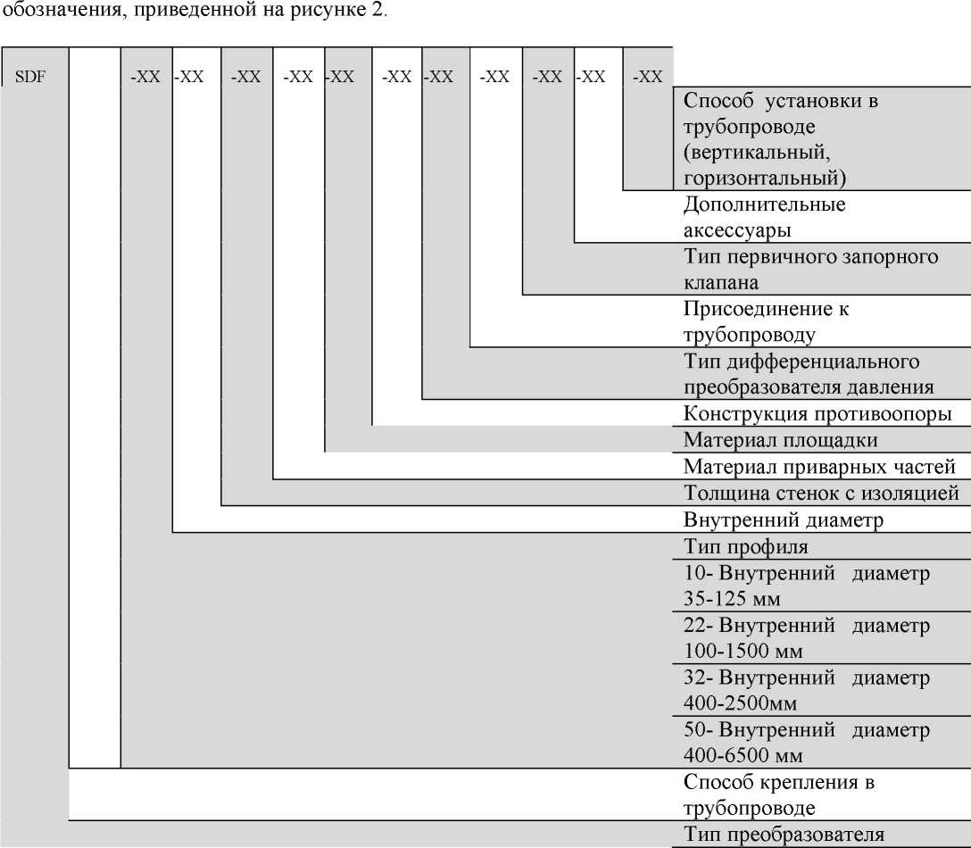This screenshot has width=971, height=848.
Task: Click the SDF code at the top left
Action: (x=30, y=77)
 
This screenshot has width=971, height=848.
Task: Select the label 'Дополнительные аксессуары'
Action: (x=764, y=218)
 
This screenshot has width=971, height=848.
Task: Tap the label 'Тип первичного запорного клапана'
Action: (x=810, y=270)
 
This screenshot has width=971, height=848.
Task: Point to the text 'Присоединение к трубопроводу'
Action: (x=766, y=321)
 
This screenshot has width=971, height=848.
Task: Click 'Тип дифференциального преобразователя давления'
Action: (x=809, y=374)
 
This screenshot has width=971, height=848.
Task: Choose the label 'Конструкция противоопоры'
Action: (x=817, y=413)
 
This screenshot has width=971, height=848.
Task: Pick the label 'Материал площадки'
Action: (x=780, y=440)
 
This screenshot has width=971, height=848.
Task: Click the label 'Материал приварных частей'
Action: (x=819, y=467)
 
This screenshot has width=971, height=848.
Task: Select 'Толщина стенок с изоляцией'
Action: (x=821, y=493)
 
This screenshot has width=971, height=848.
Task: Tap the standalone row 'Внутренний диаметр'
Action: (x=784, y=520)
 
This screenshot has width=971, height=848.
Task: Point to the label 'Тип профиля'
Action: (x=745, y=547)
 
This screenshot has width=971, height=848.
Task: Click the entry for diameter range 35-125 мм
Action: (x=806, y=586)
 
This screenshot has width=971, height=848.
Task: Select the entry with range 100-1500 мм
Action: (x=806, y=638)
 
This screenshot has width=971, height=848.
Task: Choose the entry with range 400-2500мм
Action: (x=806, y=690)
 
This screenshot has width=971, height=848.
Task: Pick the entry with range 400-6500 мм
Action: (x=806, y=742)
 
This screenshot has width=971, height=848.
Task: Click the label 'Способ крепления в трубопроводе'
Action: (x=779, y=794)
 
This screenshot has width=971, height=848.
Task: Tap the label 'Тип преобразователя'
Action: (x=784, y=835)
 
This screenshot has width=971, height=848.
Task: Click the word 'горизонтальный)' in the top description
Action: (x=765, y=179)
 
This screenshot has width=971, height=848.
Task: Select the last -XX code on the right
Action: (x=648, y=77)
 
